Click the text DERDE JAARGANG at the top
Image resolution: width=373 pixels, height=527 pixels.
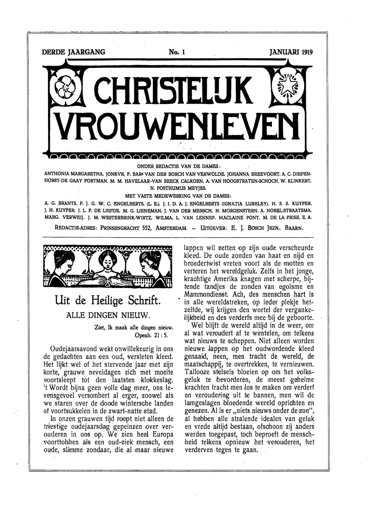73,52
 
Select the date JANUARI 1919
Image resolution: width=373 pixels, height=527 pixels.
291,52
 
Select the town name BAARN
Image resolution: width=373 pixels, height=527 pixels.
293,228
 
